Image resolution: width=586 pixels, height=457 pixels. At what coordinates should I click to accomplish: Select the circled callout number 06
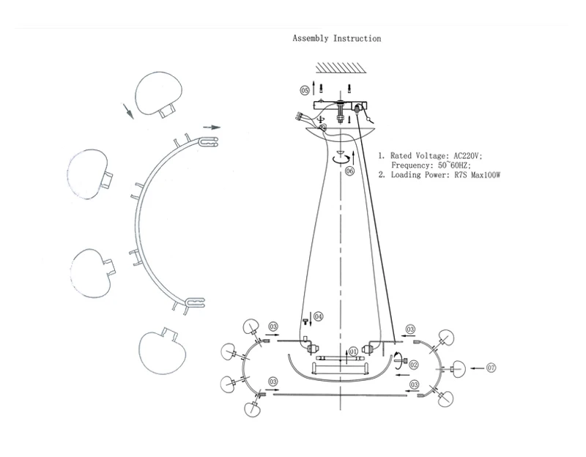[349, 171]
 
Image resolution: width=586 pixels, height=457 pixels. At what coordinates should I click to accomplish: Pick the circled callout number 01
[352, 352]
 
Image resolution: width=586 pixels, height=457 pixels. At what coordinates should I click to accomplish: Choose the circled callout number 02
[413, 364]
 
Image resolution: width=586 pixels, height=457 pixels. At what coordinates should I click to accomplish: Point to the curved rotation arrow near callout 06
[340, 157]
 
